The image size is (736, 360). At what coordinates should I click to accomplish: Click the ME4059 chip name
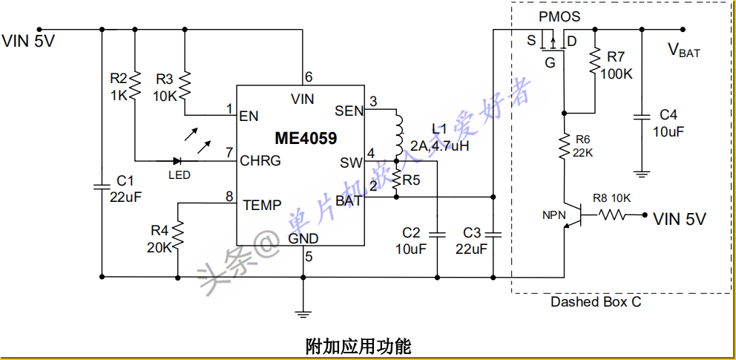click(x=305, y=139)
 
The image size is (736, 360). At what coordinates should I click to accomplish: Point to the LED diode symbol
click(x=178, y=160)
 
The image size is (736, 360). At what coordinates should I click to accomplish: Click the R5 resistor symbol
click(x=397, y=179)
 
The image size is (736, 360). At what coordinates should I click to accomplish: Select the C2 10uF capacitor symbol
click(x=438, y=235)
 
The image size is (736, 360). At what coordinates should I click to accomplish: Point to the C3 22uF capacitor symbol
click(x=493, y=235)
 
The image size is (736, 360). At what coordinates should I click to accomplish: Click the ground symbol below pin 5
click(x=303, y=312)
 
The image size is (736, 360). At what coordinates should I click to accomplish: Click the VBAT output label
click(x=683, y=50)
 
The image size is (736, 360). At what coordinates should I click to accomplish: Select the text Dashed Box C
click(x=596, y=301)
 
